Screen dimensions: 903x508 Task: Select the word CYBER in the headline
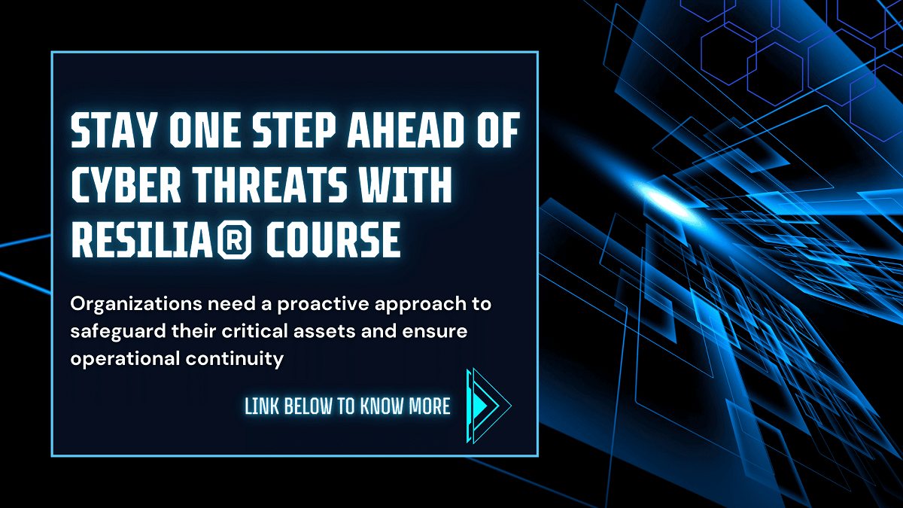point(126,185)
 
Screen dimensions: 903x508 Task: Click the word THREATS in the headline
point(271,185)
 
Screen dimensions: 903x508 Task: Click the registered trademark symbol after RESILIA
point(235,241)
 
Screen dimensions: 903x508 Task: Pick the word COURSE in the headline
point(333,240)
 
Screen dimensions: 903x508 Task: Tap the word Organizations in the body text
point(136,304)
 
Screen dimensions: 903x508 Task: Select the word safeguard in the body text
point(118,332)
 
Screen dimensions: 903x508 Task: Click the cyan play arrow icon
point(488,406)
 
